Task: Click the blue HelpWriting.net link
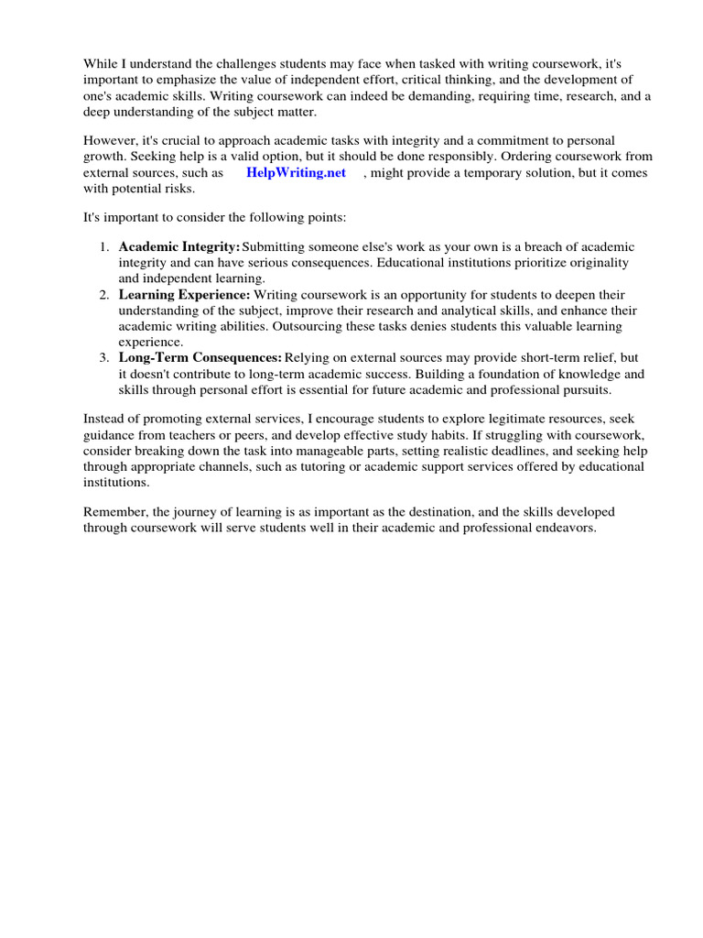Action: click(296, 173)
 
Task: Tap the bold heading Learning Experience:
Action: click(184, 294)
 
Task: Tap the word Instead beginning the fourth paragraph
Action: click(105, 420)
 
